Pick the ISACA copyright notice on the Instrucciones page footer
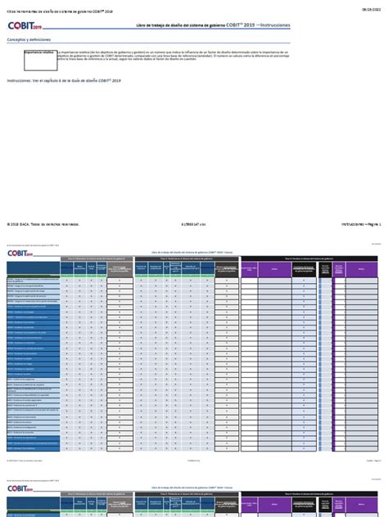click(x=43, y=223)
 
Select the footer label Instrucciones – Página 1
click(x=360, y=223)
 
